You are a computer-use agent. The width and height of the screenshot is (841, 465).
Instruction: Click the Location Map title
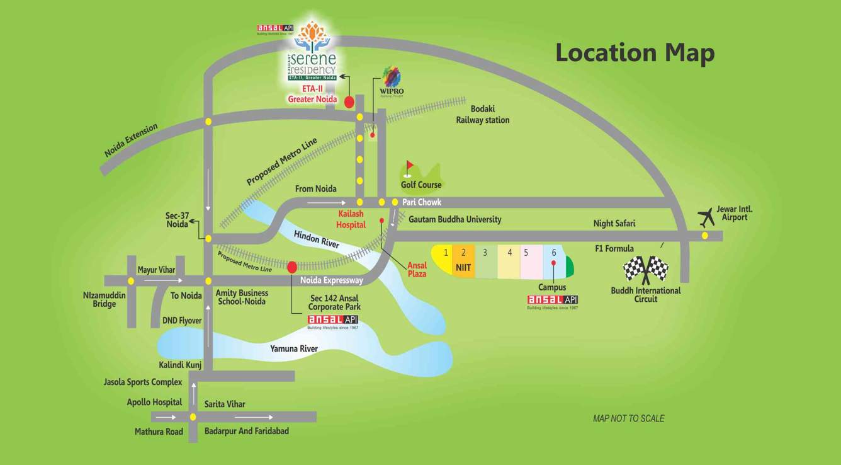635,53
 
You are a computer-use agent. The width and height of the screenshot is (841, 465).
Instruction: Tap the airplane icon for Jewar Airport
708,217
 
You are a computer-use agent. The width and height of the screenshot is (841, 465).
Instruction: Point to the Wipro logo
392,79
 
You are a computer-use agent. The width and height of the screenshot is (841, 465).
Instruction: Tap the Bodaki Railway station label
483,114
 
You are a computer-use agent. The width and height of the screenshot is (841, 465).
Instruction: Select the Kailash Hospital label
351,219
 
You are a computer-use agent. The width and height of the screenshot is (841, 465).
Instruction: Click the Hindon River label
317,239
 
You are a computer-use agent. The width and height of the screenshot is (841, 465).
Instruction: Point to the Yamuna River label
294,348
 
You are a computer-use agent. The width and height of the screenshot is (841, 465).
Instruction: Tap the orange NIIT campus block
463,261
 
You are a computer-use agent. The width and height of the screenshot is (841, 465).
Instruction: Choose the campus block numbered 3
485,261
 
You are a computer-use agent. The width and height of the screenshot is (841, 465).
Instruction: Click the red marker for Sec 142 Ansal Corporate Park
292,267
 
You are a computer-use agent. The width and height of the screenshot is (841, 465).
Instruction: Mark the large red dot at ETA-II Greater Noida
349,101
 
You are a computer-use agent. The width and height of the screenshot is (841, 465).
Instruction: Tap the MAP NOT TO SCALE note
628,418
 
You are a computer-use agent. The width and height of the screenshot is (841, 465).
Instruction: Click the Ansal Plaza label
417,269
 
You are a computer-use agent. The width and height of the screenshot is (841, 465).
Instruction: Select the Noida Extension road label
131,141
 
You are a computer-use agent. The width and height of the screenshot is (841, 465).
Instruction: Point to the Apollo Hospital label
154,402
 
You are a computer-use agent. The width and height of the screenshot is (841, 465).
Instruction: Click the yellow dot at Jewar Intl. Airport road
704,236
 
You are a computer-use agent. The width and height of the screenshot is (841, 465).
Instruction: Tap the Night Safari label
614,223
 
